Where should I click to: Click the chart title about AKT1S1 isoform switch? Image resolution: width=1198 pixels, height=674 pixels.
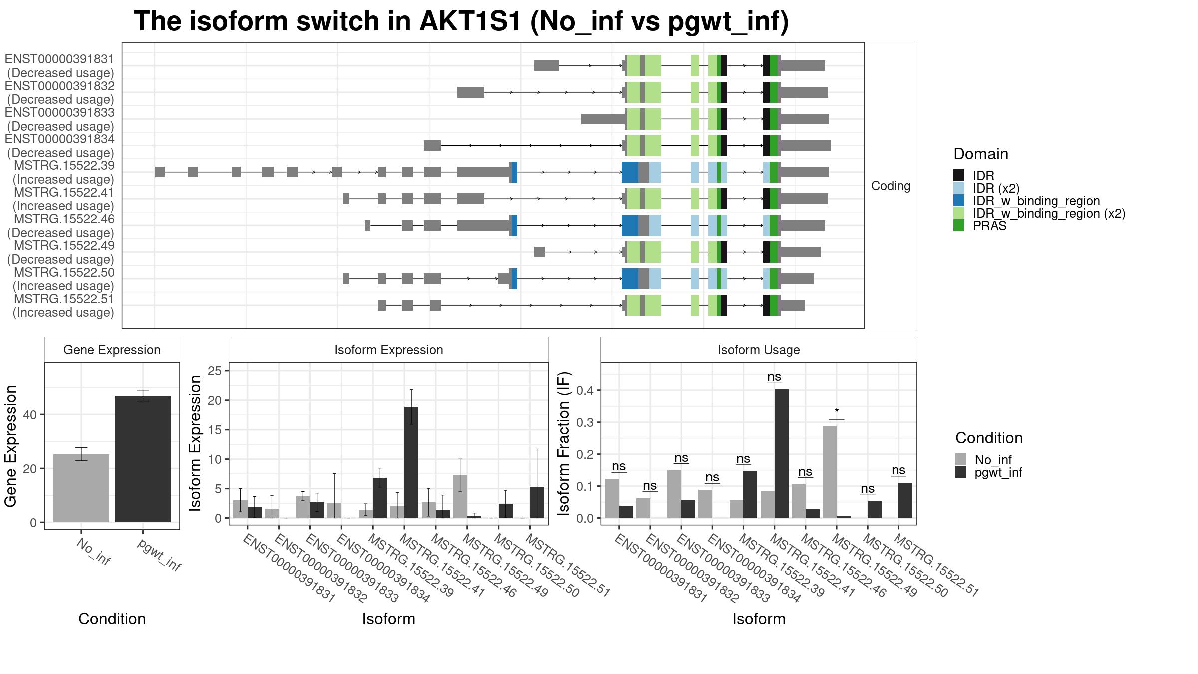tap(461, 22)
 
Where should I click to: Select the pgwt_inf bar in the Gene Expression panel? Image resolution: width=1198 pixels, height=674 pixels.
tap(143, 459)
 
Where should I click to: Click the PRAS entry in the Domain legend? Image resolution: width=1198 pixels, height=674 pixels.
tap(989, 226)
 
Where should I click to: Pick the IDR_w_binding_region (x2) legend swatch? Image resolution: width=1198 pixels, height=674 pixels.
tap(959, 213)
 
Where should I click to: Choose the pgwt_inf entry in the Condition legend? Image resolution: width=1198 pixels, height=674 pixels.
tap(998, 472)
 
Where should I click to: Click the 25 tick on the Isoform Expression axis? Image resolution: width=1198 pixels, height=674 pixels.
tap(215, 371)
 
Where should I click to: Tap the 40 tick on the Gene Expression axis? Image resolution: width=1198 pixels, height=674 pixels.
tap(30, 415)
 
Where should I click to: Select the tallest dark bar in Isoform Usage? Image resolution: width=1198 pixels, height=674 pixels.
tap(782, 453)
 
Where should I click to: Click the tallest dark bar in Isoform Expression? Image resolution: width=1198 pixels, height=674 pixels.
tap(411, 462)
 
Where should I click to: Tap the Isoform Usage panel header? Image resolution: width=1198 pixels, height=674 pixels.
tap(759, 350)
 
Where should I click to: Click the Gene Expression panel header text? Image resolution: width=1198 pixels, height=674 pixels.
tap(112, 350)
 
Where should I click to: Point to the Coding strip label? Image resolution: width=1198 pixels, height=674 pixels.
tap(891, 186)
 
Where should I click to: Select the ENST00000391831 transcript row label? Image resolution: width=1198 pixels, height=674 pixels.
tap(59, 59)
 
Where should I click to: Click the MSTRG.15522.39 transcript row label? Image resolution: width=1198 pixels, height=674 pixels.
tap(64, 166)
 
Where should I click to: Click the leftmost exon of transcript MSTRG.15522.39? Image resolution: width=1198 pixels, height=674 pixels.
tap(160, 172)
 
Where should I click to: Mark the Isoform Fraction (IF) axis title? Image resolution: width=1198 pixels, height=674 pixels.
tap(564, 443)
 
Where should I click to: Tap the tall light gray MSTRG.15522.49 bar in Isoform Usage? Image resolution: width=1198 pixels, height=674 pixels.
tap(830, 472)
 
